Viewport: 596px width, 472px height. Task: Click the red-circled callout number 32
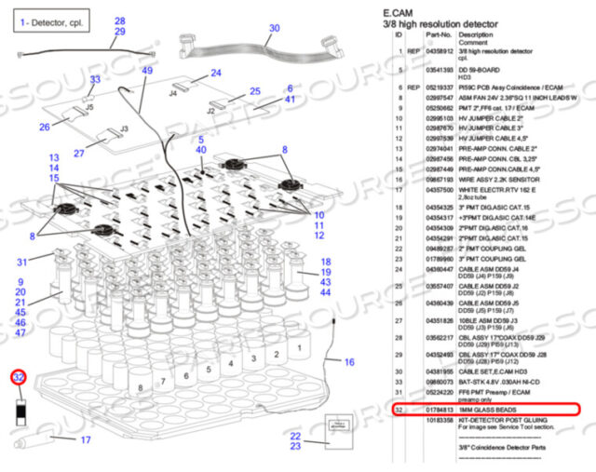[x=19, y=378]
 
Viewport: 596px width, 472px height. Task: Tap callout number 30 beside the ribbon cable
[x=273, y=29]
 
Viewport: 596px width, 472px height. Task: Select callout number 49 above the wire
[x=147, y=71]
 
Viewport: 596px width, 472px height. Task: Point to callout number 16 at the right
[x=348, y=361]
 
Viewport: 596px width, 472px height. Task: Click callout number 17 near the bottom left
[x=85, y=440]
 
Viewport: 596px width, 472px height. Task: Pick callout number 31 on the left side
[x=21, y=263]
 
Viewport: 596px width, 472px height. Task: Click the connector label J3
[x=124, y=129]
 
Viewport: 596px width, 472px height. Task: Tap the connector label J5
[x=89, y=108]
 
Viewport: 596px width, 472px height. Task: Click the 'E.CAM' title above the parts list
[x=397, y=12]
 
